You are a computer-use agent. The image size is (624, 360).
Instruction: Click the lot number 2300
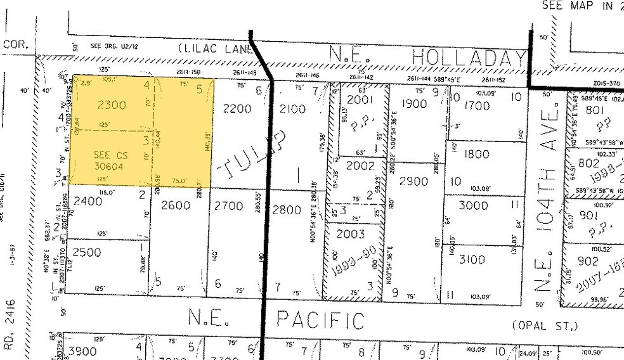pos(112,106)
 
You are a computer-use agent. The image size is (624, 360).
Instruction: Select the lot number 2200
pos(238,108)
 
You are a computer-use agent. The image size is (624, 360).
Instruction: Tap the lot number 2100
pos(292,108)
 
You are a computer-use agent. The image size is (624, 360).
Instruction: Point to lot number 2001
pos(360,99)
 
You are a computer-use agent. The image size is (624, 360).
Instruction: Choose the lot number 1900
pos(414,104)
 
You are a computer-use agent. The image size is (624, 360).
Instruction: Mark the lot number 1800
pos(478,154)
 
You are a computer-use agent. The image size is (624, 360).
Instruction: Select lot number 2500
pos(87,252)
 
